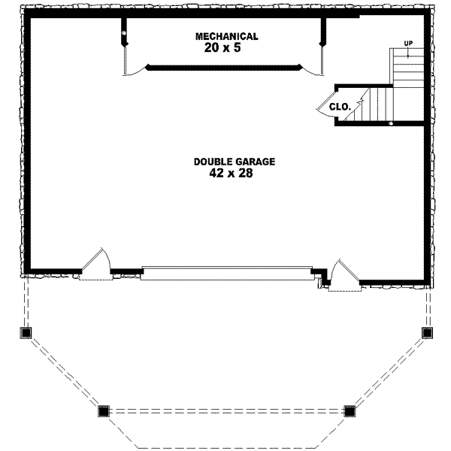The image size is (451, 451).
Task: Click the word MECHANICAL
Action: (x=226, y=36)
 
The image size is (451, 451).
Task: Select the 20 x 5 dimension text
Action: (x=226, y=47)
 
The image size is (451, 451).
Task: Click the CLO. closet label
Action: (x=341, y=107)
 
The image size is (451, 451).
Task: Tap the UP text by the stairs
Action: (x=408, y=43)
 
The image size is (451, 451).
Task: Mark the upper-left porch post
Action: (x=27, y=332)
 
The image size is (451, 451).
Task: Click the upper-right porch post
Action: (x=426, y=332)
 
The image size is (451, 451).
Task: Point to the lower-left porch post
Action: (x=104, y=410)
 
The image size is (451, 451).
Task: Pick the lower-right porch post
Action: (x=350, y=410)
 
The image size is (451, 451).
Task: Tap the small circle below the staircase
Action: (x=391, y=123)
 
